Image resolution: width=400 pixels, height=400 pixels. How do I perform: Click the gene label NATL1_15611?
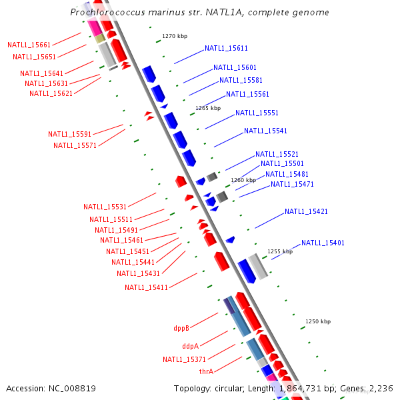point(226,48)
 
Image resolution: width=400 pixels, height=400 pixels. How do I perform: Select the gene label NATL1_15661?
point(29,45)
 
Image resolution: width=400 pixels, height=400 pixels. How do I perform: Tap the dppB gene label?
point(181,328)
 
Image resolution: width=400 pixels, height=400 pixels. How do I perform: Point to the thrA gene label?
point(206,371)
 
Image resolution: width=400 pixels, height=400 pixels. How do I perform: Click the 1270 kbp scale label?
point(173,37)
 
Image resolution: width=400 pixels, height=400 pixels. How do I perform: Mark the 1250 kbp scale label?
point(318,321)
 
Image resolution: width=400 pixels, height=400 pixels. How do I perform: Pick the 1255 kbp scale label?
point(280,251)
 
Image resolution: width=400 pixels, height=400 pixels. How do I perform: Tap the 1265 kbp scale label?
point(207,108)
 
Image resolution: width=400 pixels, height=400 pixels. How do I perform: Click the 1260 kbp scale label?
point(243,180)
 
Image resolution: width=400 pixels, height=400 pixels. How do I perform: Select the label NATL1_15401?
point(323,243)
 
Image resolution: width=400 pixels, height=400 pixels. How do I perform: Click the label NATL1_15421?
point(306,211)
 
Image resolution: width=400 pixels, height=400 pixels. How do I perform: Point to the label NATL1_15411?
point(146,287)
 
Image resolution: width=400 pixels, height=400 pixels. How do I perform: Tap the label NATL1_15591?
point(69,134)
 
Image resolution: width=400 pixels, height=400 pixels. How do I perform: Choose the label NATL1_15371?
point(184,359)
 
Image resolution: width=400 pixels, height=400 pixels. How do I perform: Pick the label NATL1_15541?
point(265,131)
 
